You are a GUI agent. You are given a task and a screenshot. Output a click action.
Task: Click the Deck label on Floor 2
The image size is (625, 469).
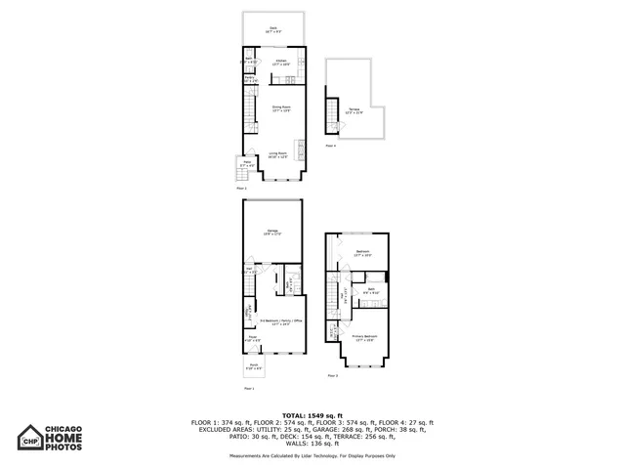(x=273, y=31)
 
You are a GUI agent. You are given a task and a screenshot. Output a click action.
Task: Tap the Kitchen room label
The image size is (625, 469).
(x=281, y=62)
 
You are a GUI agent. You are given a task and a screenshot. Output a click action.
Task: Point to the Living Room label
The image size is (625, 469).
(x=277, y=154)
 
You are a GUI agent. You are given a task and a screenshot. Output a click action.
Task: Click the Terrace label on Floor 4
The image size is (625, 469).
(x=355, y=109)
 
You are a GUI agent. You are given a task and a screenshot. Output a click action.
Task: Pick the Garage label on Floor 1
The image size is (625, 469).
(x=273, y=232)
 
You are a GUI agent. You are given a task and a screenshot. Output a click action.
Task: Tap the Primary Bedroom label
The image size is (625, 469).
(x=364, y=337)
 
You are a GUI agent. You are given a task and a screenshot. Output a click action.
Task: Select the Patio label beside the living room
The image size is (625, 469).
(x=247, y=165)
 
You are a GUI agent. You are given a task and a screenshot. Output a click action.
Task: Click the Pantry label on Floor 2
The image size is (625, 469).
(x=250, y=78)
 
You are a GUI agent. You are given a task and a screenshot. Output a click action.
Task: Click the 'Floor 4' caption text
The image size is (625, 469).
(x=330, y=146)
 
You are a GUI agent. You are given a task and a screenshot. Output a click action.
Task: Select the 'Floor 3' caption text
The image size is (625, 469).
(x=332, y=375)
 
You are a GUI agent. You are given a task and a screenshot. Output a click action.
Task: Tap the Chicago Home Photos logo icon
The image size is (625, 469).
(x=31, y=440)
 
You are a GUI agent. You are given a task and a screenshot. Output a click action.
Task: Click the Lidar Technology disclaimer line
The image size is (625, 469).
(x=312, y=455)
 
